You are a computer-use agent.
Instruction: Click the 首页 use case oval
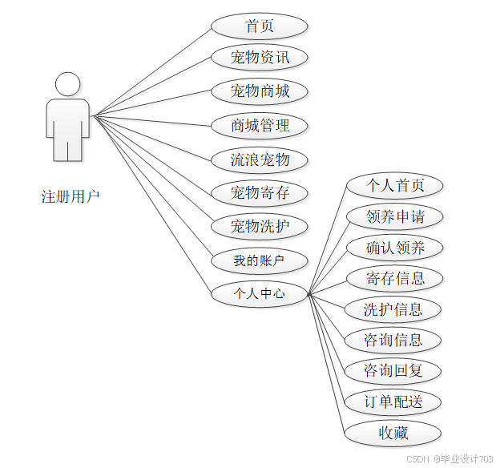259,26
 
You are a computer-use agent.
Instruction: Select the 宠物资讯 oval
259,58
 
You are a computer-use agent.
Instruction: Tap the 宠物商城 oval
259,91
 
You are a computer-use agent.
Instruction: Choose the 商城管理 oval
259,125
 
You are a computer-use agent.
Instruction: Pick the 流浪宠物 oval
259,159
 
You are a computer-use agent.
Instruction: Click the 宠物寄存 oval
259,192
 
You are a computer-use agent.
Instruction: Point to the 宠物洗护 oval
259,226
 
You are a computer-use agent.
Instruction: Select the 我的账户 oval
259,260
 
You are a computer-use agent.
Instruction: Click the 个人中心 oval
259,293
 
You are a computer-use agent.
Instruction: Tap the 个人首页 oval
393,186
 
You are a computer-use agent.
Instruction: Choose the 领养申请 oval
393,216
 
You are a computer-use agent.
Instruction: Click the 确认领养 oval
393,248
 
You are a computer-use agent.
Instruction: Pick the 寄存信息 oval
393,278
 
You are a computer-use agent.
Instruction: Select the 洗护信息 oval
393,309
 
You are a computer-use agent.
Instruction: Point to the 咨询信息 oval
393,340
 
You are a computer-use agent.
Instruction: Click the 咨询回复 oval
393,370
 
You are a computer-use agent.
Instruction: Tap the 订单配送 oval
393,401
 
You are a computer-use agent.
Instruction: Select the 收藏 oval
393,433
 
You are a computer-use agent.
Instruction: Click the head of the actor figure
67,84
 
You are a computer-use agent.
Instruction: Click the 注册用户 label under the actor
71,196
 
